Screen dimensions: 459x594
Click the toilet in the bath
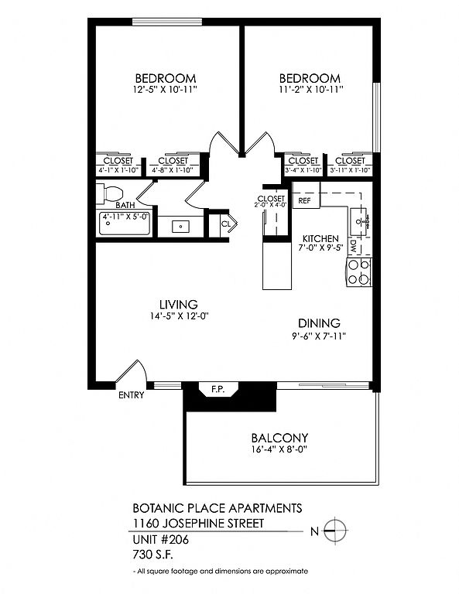click(x=109, y=193)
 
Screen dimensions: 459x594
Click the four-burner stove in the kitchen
click(x=359, y=272)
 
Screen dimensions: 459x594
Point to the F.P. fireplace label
click(x=218, y=389)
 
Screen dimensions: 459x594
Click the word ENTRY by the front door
click(x=132, y=395)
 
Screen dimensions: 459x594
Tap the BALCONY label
click(x=279, y=438)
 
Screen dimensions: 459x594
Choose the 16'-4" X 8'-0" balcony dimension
click(x=279, y=449)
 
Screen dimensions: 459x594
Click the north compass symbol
click(x=335, y=531)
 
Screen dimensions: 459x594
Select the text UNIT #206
click(x=161, y=539)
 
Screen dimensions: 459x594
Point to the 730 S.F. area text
click(x=152, y=555)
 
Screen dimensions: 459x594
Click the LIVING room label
click(x=179, y=304)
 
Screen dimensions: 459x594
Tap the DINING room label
click(x=319, y=323)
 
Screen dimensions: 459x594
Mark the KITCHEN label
click(x=320, y=239)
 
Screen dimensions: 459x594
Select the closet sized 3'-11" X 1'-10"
click(x=350, y=166)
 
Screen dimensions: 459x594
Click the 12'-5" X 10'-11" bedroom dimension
click(x=166, y=90)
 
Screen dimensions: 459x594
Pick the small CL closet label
click(x=226, y=224)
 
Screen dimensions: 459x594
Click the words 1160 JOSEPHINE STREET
click(x=198, y=524)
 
